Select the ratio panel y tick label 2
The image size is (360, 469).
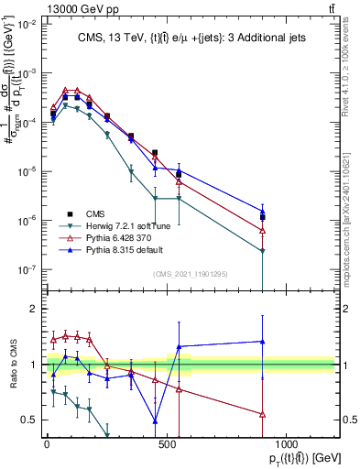(29, 309)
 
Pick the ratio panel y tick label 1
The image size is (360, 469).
(29, 365)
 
